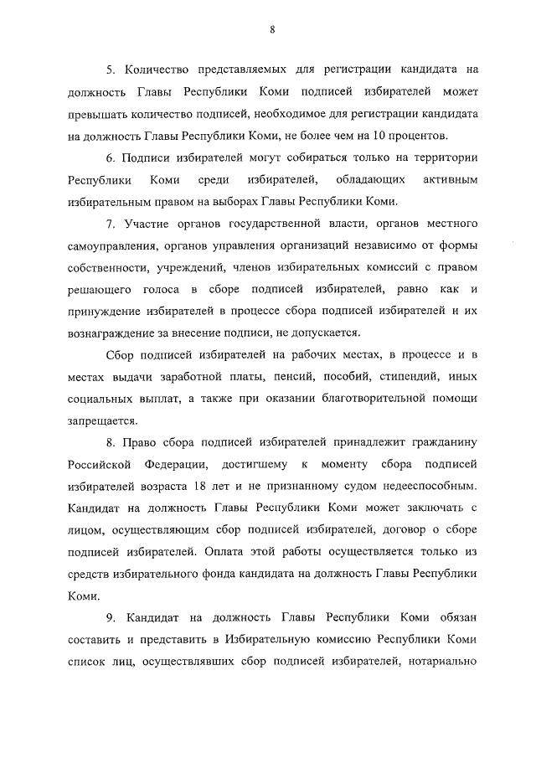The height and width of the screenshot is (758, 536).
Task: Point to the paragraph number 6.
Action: (x=109, y=157)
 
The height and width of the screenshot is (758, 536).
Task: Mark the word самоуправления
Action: (x=106, y=245)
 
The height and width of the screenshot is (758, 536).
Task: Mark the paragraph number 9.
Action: (x=109, y=617)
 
